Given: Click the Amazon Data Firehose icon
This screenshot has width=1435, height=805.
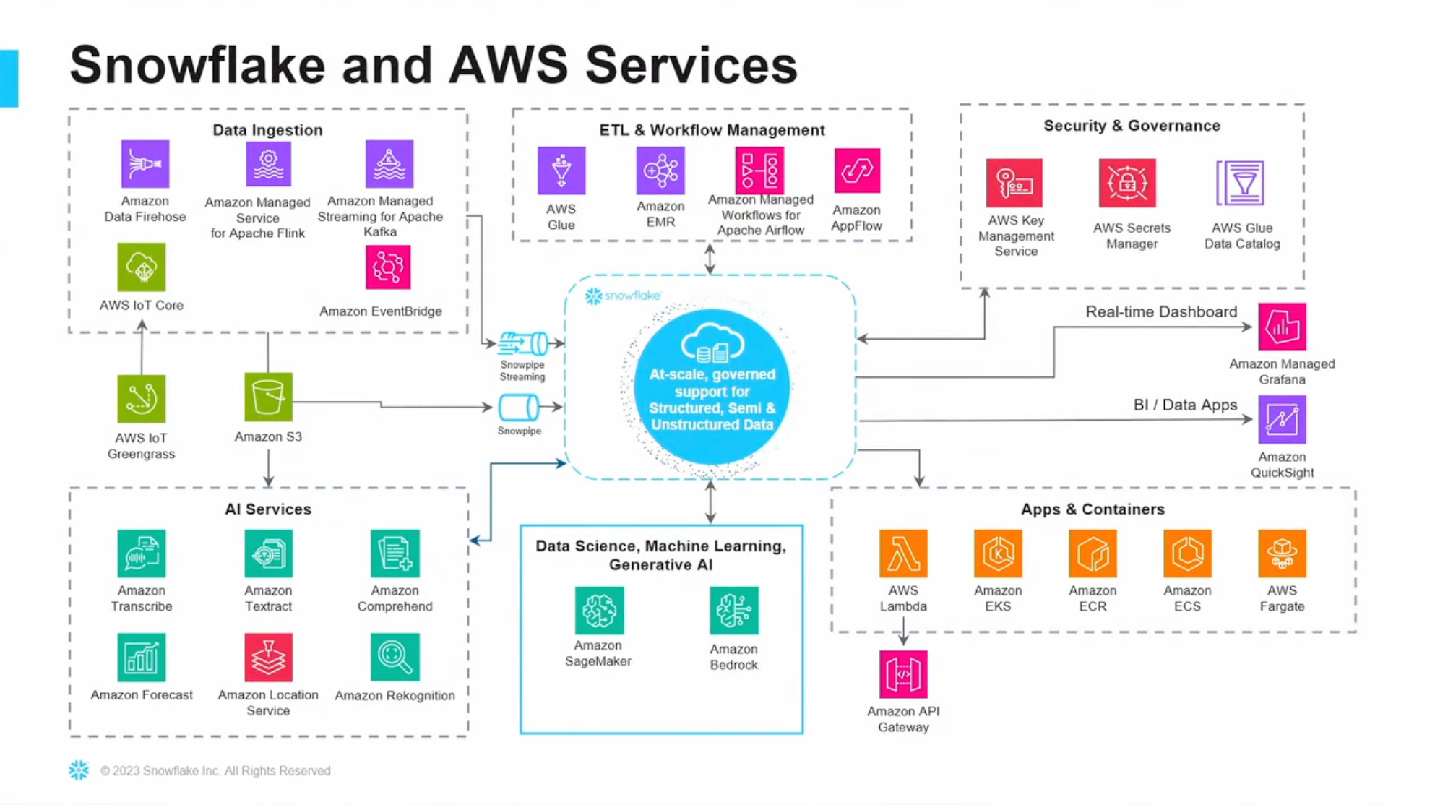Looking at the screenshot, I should click(145, 164).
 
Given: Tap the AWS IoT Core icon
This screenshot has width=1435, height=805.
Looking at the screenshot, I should click(142, 267).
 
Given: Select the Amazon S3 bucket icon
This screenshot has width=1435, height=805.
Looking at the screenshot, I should click(268, 397).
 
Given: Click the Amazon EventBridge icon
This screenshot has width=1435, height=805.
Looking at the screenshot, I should click(388, 267).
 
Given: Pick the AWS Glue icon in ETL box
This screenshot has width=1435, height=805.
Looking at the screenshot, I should click(561, 171).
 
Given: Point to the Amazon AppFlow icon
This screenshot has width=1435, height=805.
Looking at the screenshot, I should click(857, 171).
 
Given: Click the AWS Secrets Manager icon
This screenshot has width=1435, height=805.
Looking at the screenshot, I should click(1127, 183).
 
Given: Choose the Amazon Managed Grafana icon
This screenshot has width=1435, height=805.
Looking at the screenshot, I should click(1282, 327).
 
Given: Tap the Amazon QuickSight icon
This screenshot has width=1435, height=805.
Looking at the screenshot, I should click(1282, 419).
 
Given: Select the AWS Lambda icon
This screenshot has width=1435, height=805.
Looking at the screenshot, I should click(903, 554).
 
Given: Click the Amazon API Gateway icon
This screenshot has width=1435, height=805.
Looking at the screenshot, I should click(903, 674).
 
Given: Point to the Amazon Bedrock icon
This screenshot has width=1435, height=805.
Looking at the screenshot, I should click(734, 611).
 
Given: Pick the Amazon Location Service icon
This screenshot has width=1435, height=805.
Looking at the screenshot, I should click(268, 658).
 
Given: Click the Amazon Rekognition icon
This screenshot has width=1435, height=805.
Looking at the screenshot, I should click(395, 658).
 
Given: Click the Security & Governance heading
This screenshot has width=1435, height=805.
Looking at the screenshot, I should click(1132, 126).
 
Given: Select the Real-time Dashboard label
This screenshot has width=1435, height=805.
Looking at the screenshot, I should click(1161, 312).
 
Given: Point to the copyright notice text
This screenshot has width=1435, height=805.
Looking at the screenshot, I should click(215, 771).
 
